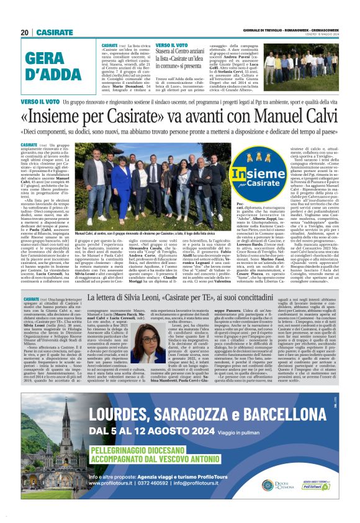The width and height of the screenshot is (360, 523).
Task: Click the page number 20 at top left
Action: click(25, 32)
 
